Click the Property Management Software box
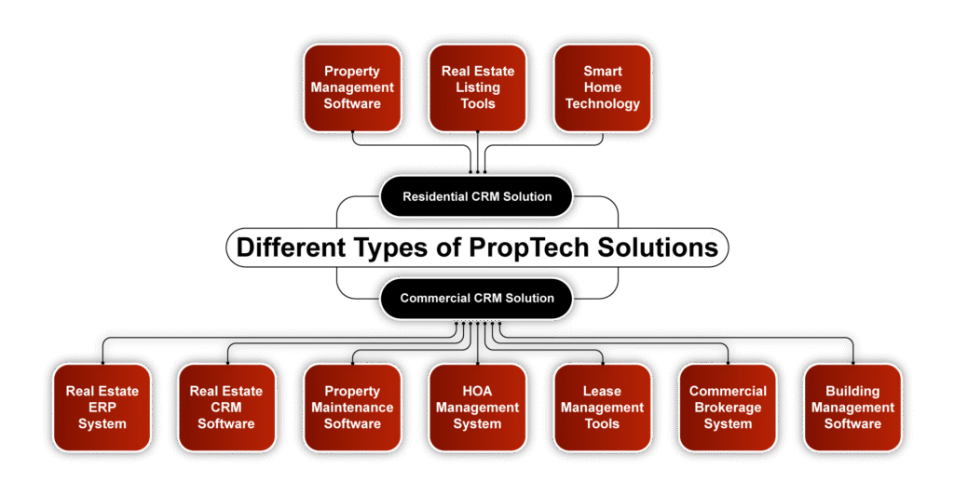[x=352, y=87]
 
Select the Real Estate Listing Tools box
[x=478, y=87]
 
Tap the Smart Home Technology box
[x=603, y=87]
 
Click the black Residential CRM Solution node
[x=477, y=196]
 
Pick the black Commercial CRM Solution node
[x=477, y=299]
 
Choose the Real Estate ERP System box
[x=102, y=408]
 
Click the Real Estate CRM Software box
[x=226, y=408]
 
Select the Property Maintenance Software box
[x=352, y=408]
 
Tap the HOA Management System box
[x=478, y=408]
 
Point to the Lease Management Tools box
[x=603, y=408]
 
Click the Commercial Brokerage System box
[x=728, y=408]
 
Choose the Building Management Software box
[x=853, y=408]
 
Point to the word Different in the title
[x=292, y=247]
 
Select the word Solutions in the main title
[x=658, y=247]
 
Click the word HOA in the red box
[x=478, y=391]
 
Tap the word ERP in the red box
[x=102, y=408]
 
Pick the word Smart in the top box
[x=603, y=71]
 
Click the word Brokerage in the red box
[x=728, y=408]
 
